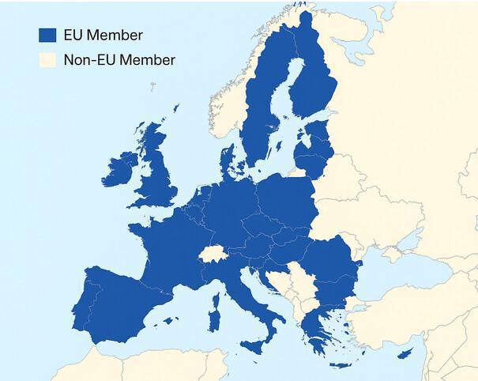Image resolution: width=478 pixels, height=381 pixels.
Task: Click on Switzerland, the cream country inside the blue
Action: [213, 255]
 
